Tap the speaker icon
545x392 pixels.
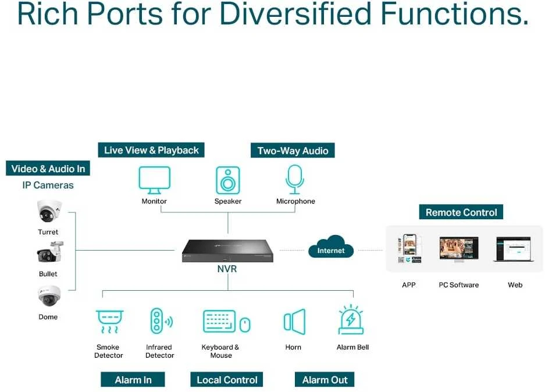(x=227, y=180)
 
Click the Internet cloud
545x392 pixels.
(x=330, y=247)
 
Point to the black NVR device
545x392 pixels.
(x=227, y=251)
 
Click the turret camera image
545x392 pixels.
(x=49, y=211)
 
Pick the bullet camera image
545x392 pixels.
(x=50, y=252)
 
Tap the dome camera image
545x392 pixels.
(x=49, y=295)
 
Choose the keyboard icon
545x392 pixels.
(x=219, y=321)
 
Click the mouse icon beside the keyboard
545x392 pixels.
(x=245, y=325)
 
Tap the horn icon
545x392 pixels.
(x=295, y=322)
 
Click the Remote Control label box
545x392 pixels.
(x=461, y=212)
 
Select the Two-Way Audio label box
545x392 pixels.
(x=293, y=151)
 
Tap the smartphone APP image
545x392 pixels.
(x=409, y=248)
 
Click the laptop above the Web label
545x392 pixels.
(x=514, y=249)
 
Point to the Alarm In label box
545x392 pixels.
(x=133, y=379)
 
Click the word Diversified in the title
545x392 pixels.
(x=295, y=14)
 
